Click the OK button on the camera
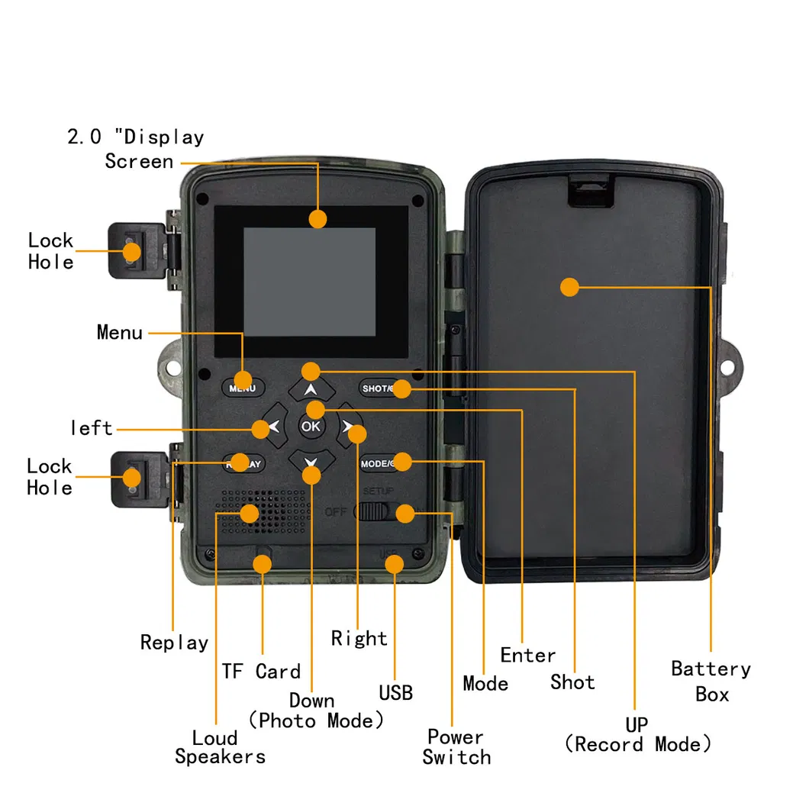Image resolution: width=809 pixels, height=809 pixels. tap(311, 427)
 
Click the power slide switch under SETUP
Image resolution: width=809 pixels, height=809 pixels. tap(374, 511)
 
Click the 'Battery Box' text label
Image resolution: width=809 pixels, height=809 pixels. tap(711, 682)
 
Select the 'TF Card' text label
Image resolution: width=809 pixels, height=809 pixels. tap(261, 672)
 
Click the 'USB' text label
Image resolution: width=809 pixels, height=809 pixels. tap(395, 692)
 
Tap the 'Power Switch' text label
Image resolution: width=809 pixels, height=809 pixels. tap(456, 747)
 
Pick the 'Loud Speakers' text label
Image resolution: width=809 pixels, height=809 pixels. tap(220, 747)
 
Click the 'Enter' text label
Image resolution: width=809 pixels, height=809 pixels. tap(528, 655)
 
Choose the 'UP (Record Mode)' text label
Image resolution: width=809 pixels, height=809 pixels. tap(637, 734)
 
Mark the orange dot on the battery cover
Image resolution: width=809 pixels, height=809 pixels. tap(569, 288)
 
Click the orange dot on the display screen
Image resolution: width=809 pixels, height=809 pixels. tap(318, 218)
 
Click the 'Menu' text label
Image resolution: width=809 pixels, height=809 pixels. tap(119, 333)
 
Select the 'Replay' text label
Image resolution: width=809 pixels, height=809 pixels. tap(174, 643)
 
